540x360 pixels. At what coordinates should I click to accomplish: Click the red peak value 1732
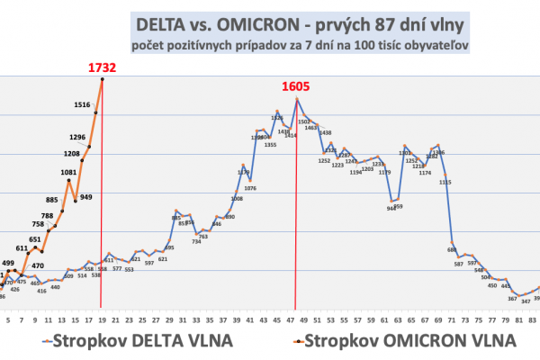click(103, 67)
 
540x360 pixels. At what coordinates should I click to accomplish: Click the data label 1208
click(72, 154)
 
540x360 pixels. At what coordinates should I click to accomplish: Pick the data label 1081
click(68, 171)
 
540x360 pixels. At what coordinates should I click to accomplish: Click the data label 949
click(85, 196)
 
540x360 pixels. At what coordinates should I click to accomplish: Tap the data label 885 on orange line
click(52, 200)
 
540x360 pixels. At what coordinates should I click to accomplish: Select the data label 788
click(47, 216)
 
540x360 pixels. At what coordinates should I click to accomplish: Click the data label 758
click(38, 224)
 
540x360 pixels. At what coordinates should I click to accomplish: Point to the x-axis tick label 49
click(303, 319)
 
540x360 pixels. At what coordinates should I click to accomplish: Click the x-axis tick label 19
click(101, 319)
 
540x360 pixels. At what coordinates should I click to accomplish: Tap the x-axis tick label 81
click(518, 319)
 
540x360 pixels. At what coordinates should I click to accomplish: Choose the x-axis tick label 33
click(195, 319)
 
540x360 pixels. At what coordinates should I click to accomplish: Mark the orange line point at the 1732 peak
click(102, 79)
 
